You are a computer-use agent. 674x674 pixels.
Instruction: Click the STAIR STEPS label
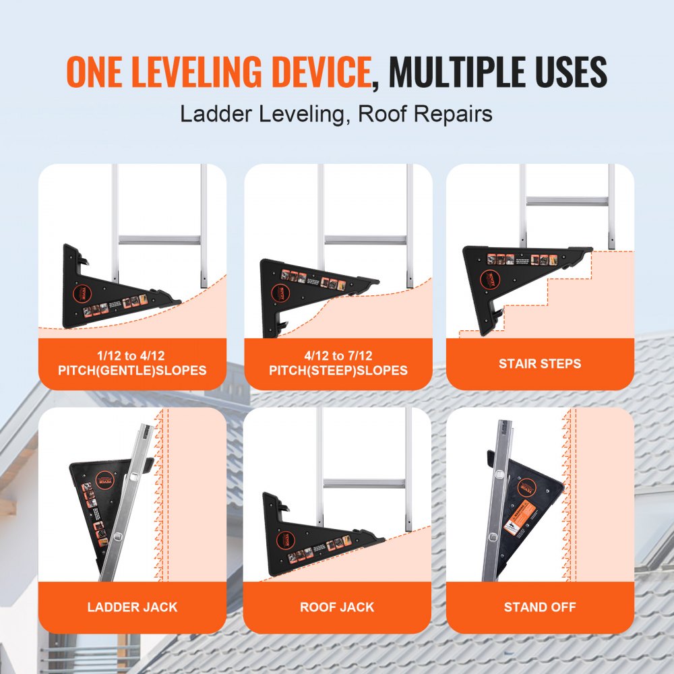(539, 364)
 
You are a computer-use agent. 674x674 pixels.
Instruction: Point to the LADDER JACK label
(132, 607)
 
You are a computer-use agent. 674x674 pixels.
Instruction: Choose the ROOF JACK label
(337, 607)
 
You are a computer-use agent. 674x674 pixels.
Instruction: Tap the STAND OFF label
(539, 607)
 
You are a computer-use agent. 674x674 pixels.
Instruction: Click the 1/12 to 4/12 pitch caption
(132, 364)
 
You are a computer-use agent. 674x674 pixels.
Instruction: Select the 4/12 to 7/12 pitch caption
(338, 364)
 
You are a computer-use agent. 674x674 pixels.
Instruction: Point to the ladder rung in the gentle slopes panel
(159, 240)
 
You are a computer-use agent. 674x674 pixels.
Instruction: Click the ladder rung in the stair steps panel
(567, 200)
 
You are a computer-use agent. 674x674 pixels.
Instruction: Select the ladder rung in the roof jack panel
(364, 483)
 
